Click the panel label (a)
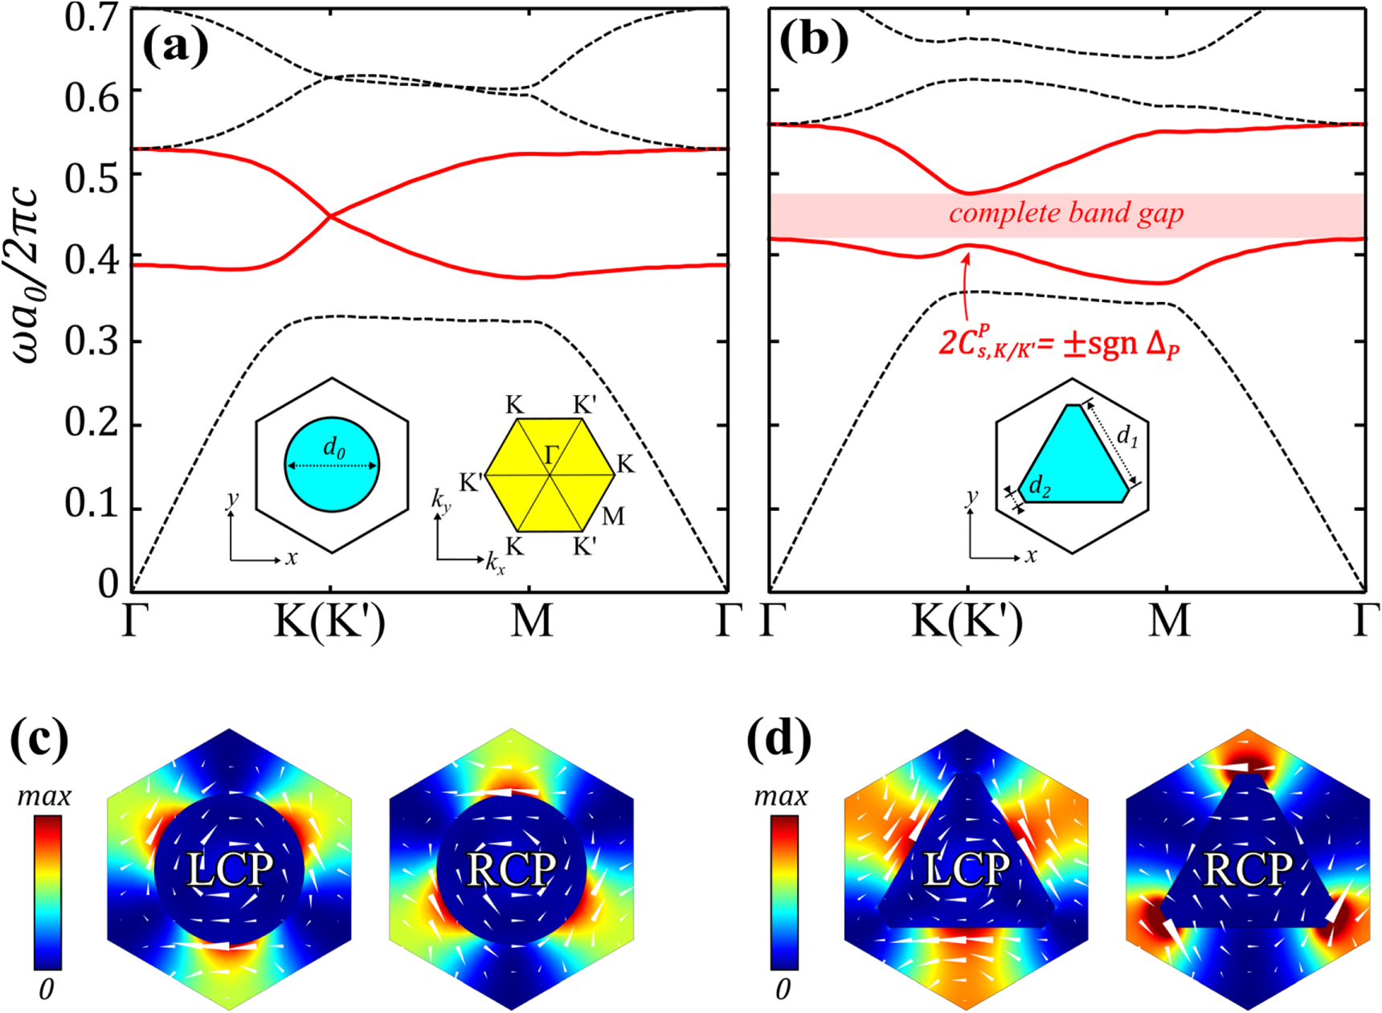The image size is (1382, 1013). pyautogui.click(x=175, y=47)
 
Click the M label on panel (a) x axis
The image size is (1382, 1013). pyautogui.click(x=531, y=621)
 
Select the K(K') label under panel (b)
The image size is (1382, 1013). pyautogui.click(x=967, y=621)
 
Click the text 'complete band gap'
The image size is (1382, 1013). pyautogui.click(x=1066, y=214)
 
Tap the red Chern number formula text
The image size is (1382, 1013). pyautogui.click(x=1058, y=344)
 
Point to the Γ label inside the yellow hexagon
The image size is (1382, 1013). pyautogui.click(x=551, y=456)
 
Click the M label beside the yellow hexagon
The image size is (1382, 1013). pyautogui.click(x=613, y=516)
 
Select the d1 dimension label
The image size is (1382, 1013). pyautogui.click(x=1127, y=436)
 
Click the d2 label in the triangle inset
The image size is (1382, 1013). pyautogui.click(x=1039, y=486)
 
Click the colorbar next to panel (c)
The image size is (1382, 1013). pyautogui.click(x=47, y=892)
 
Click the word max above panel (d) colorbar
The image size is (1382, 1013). pyautogui.click(x=780, y=796)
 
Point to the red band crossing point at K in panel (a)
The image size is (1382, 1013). pyautogui.click(x=330, y=215)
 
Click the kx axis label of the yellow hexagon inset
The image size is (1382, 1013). pyautogui.click(x=495, y=564)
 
